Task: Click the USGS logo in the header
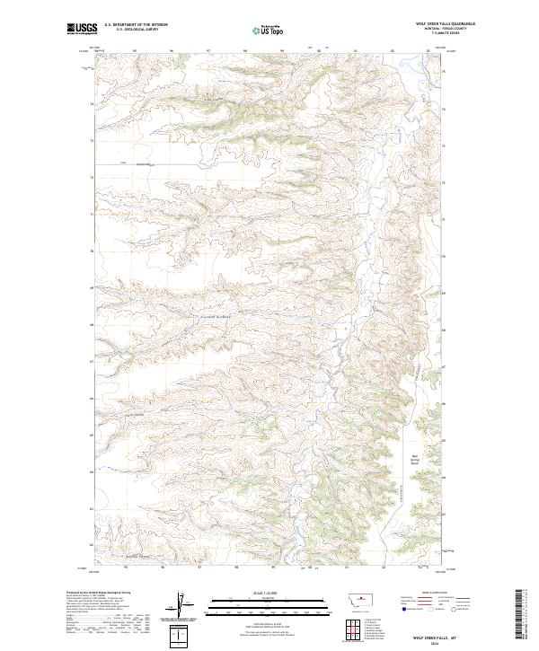tap(79, 29)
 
